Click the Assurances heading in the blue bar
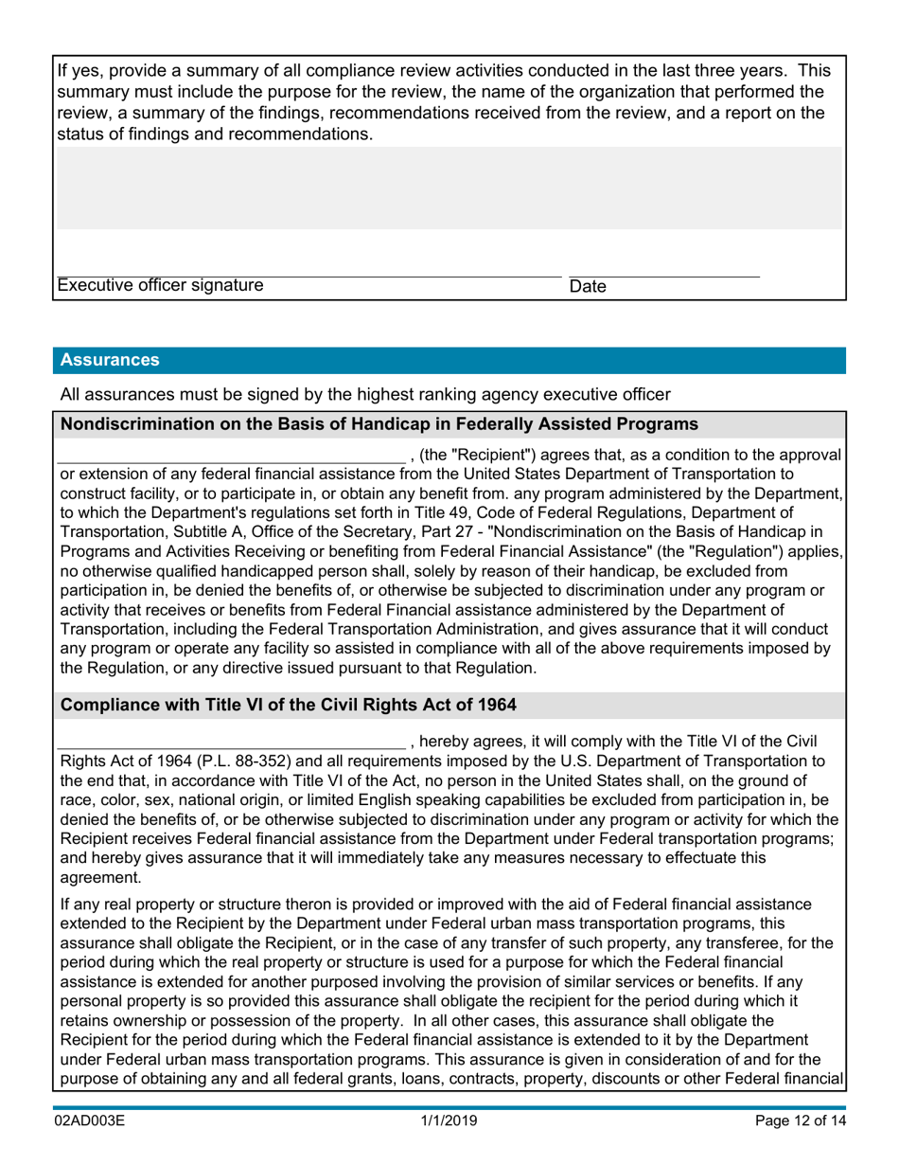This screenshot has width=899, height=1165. point(110,360)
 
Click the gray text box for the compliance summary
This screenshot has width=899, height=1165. point(449,188)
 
